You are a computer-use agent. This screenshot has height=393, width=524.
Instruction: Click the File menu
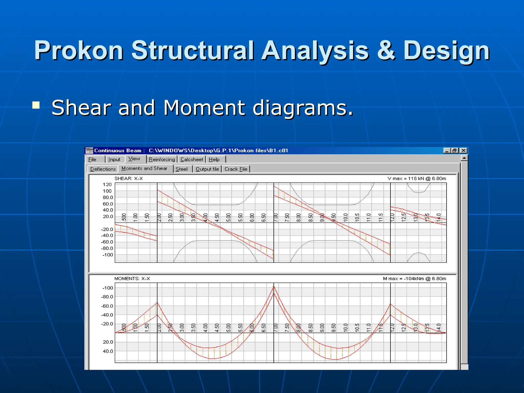92,159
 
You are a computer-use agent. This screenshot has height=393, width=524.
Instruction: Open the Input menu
114,159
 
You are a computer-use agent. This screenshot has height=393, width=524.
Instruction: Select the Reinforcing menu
162,159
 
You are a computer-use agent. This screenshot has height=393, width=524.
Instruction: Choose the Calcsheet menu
192,159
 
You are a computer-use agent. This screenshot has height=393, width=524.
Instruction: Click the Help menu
214,159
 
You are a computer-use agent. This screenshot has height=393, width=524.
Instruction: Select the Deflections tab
103,169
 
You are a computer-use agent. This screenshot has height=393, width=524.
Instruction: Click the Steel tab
181,169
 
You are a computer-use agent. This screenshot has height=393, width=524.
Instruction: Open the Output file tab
207,169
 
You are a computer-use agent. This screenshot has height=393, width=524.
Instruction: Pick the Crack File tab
236,169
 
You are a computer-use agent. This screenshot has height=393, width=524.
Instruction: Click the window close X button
463,150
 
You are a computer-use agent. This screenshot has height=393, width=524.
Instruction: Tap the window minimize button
447,150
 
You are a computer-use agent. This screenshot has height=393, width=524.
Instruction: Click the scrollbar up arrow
464,158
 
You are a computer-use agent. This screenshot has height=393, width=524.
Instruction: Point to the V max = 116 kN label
417,179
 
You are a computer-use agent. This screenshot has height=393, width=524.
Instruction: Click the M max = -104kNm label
414,279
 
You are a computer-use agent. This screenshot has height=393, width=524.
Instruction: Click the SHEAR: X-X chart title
128,179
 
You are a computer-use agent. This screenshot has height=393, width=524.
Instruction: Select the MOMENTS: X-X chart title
132,279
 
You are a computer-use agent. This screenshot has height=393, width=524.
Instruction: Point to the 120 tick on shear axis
107,184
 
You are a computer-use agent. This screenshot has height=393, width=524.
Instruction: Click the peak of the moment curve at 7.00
274,287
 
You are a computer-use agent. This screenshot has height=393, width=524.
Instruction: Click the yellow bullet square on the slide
36,105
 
